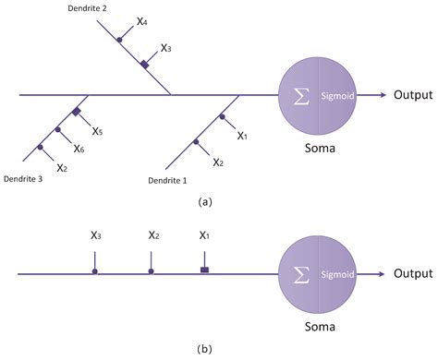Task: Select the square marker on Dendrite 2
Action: [x=144, y=64]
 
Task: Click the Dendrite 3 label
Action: [x=24, y=179]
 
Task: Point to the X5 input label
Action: [x=97, y=132]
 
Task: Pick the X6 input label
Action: [x=79, y=150]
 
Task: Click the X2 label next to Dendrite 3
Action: [x=62, y=168]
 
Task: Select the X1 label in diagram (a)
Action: [x=242, y=136]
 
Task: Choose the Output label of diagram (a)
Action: [x=413, y=94]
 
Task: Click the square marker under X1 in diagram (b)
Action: [x=205, y=270]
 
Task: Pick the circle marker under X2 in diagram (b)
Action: [x=151, y=271]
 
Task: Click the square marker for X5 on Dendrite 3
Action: [x=78, y=113]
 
